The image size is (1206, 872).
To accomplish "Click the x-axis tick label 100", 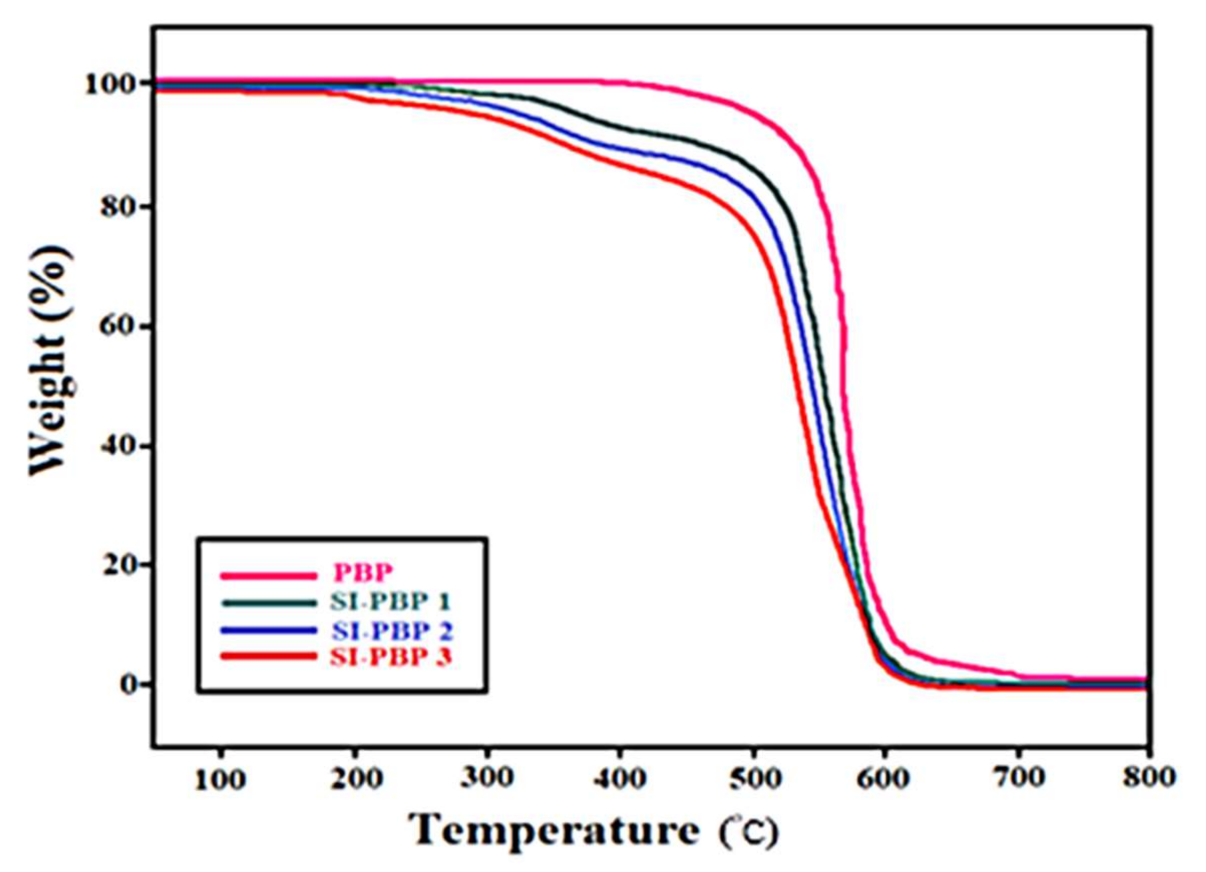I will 220,778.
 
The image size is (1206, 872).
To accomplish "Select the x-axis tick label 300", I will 488,778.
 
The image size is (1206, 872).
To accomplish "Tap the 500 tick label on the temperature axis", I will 754,778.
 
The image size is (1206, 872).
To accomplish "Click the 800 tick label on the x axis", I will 1148,778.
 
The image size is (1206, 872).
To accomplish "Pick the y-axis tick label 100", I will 110,85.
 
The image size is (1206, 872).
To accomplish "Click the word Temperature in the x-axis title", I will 554,831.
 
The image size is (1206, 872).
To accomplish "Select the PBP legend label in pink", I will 364,573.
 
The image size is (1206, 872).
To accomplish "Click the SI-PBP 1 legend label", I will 390,602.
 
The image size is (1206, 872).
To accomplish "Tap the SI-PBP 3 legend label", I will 390,657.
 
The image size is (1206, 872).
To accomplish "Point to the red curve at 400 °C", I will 620,164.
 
